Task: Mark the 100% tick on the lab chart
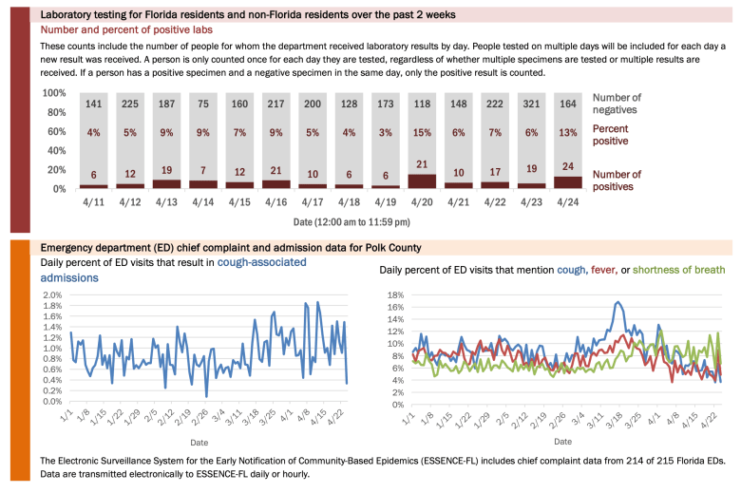tap(54, 93)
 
